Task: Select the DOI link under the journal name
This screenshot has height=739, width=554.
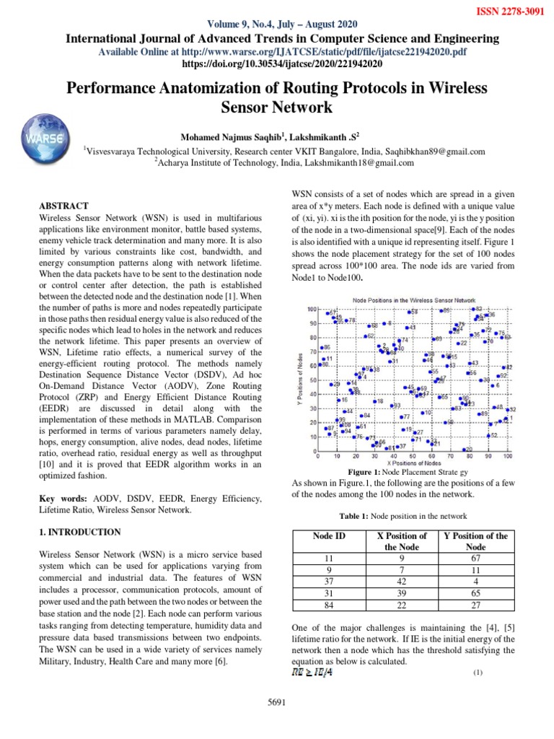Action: coord(277,64)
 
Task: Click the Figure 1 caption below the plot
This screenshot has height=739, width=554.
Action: coord(403,471)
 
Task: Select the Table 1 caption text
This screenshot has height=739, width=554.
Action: coord(403,516)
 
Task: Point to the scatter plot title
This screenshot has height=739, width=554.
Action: coord(404,299)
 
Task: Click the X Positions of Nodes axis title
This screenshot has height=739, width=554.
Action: coord(413,463)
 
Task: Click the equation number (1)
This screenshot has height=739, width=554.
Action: coord(477,673)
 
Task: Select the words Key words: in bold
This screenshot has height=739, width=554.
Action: coord(63,499)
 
